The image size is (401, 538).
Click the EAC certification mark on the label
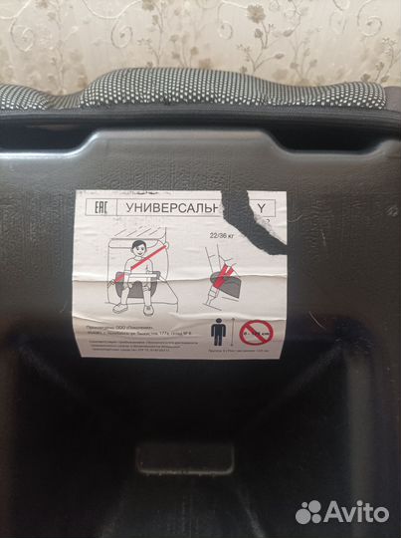coord(100,207)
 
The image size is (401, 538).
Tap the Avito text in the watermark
coord(354,512)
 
